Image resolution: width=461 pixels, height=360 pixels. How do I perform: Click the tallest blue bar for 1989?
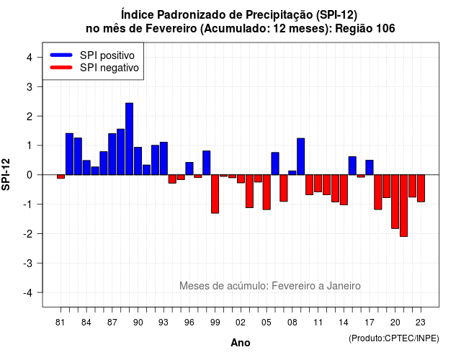[x=130, y=139]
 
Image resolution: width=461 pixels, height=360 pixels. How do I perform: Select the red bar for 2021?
[x=403, y=205]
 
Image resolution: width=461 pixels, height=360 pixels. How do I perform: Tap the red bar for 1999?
[x=215, y=194]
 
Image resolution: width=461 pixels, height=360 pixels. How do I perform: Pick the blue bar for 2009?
[x=301, y=156]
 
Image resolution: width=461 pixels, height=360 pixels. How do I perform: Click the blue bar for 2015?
[x=352, y=166]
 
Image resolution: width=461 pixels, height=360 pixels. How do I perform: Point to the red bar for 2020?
[x=395, y=202]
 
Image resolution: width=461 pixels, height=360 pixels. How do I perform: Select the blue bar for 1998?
[x=207, y=163]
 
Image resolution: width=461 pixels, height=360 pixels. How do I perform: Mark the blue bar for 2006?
[x=275, y=163]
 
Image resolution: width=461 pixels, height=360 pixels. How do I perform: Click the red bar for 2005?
[x=267, y=192]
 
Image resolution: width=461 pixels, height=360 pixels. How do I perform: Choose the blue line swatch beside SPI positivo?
[x=61, y=55]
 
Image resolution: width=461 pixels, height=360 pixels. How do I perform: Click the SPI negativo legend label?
[x=109, y=68]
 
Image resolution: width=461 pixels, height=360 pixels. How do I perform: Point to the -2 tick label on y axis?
[x=29, y=234]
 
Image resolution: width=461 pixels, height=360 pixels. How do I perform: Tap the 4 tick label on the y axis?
[x=30, y=58]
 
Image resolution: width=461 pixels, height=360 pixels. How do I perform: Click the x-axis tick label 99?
[x=215, y=323]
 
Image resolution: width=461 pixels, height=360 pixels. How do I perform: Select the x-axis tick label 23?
[x=421, y=323]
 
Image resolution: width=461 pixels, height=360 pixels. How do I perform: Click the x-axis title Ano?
[x=241, y=343]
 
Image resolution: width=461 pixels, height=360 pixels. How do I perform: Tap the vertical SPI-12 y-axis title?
[x=6, y=174]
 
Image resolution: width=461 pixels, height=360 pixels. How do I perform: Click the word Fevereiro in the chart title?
[x=171, y=29]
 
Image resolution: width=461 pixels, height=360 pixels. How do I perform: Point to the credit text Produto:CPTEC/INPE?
[x=394, y=338]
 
